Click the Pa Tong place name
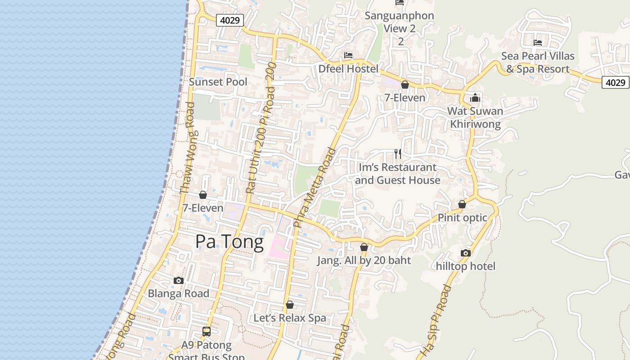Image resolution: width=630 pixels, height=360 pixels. coord(229,242)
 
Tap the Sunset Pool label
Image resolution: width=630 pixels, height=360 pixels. coord(218,82)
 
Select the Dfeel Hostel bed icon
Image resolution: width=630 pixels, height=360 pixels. coord(348,55)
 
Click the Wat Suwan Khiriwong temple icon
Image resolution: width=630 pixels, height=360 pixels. coord(475,98)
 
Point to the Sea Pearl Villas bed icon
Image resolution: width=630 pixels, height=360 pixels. coord(538,43)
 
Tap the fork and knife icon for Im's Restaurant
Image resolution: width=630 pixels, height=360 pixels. coord(398,154)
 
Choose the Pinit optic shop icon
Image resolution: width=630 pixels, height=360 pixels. coord(462,205)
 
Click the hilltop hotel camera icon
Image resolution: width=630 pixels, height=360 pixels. coord(466,253)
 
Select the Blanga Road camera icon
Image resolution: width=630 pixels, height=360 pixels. coord(179,280)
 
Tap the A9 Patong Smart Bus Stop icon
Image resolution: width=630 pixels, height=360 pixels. coord(206,332)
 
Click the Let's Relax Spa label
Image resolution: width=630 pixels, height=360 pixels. coord(289,318)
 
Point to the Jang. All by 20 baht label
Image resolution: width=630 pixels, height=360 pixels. coord(364,261)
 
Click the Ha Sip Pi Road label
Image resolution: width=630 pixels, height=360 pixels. coord(435,320)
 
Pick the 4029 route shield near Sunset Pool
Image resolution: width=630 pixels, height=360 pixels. coord(230,20)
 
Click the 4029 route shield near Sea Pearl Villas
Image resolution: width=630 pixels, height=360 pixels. coord(615,82)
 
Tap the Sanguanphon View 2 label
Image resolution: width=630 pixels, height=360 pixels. coord(399,22)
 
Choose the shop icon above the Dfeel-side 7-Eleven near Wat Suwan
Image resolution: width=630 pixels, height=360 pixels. coord(405,85)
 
